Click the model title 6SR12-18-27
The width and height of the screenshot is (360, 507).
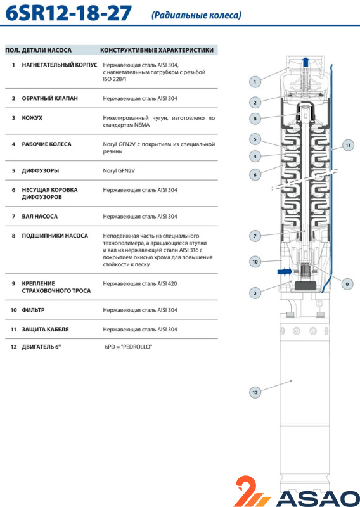tap(68, 13)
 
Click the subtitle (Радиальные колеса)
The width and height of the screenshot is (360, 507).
tap(196, 15)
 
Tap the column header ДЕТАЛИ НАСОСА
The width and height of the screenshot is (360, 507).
tap(46, 50)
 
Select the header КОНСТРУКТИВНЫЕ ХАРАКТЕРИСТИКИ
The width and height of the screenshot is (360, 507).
tap(157, 50)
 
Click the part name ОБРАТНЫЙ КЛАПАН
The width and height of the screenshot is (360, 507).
tap(50, 98)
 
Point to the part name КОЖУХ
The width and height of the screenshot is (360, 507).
tap(32, 118)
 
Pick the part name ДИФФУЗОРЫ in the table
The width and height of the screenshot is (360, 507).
tap(41, 170)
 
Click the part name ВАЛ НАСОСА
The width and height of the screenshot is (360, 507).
tap(40, 216)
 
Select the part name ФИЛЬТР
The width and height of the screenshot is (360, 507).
tap(34, 310)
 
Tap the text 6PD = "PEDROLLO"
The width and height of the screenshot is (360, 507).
tap(129, 347)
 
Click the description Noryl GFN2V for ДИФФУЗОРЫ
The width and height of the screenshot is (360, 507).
tap(119, 170)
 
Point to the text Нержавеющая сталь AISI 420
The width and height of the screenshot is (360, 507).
tap(140, 283)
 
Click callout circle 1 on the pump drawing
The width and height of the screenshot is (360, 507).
tap(255, 82)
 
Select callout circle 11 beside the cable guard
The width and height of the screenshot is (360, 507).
tap(348, 145)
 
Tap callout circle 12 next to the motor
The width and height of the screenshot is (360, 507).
tap(255, 392)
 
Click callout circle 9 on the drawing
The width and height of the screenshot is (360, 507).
tap(347, 284)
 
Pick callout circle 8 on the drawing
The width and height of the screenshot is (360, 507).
tap(255, 119)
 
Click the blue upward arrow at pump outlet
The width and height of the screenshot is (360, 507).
tap(305, 62)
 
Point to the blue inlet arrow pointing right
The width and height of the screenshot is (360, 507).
tap(285, 272)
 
